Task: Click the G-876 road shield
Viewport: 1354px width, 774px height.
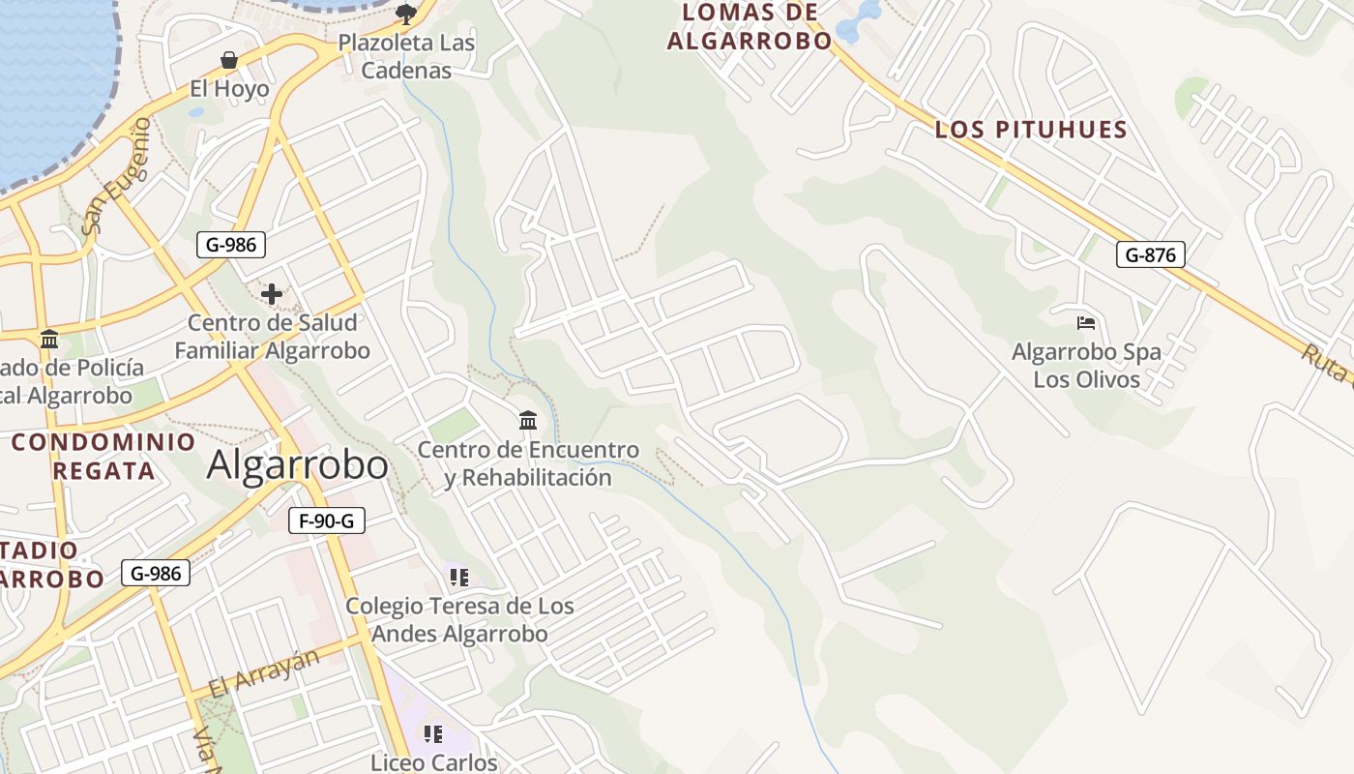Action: pyautogui.click(x=1150, y=255)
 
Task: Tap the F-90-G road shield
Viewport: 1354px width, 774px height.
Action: pyautogui.click(x=326, y=521)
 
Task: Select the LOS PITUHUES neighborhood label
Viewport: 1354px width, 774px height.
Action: pyautogui.click(x=1031, y=130)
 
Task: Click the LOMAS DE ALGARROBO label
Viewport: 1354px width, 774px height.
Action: pyautogui.click(x=750, y=27)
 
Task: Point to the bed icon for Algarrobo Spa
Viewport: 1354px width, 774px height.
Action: pyautogui.click(x=1086, y=323)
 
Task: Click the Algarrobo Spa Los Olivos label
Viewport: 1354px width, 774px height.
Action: pyautogui.click(x=1086, y=366)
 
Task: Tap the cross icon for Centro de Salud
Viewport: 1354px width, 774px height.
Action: pyautogui.click(x=272, y=294)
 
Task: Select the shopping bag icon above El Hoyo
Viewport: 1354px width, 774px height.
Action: pyautogui.click(x=229, y=61)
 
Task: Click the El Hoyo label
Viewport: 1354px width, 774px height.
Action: pyautogui.click(x=229, y=89)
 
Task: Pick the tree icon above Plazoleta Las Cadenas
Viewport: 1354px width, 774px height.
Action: pyautogui.click(x=406, y=14)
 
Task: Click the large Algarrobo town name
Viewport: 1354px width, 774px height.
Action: pyautogui.click(x=298, y=465)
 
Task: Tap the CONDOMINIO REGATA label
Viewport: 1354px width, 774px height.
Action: pyautogui.click(x=103, y=457)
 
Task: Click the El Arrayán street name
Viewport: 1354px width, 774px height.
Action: pyautogui.click(x=263, y=674)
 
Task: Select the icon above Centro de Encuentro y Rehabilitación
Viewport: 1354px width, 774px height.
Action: pyautogui.click(x=528, y=421)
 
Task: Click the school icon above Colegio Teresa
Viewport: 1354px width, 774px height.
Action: pyautogui.click(x=459, y=578)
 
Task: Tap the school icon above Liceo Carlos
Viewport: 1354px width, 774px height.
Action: pyautogui.click(x=433, y=734)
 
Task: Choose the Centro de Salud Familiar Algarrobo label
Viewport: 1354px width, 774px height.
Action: pyautogui.click(x=272, y=337)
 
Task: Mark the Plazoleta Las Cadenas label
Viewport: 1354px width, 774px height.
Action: pyautogui.click(x=406, y=57)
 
